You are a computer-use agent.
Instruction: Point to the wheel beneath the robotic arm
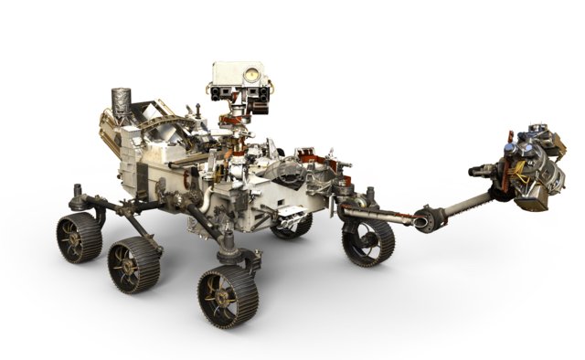tap(367, 240)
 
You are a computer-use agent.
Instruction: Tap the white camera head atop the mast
tap(239, 81)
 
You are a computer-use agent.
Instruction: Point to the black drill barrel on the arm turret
tap(483, 170)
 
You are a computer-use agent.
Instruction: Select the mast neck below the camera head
tap(239, 119)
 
